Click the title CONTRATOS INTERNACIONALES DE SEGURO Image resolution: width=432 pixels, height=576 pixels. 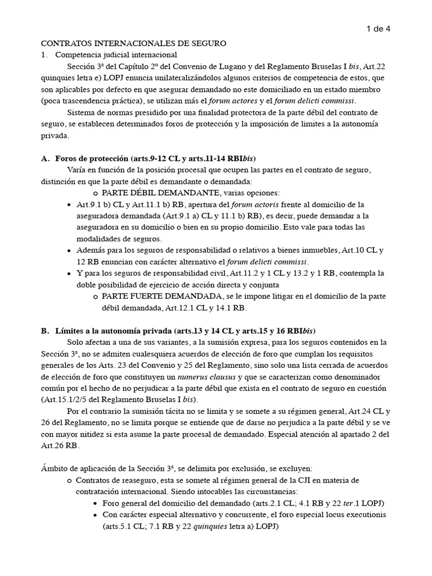coord(133,43)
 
